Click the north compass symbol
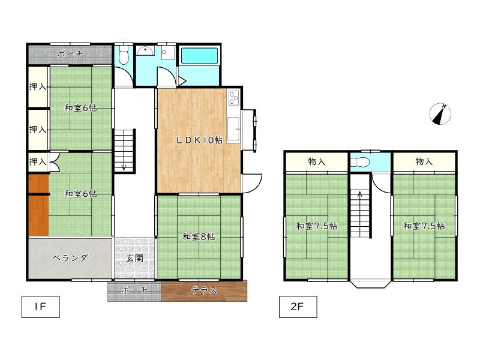coord(440,114)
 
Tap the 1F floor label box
coord(40,307)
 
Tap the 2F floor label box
coord(298,307)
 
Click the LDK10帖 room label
coord(199,140)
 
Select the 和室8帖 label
coord(199,236)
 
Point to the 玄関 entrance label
coord(134,258)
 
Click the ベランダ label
coord(70,258)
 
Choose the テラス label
coord(204,290)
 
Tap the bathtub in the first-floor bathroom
coord(199,55)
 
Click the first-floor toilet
coord(124,55)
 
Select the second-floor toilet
coord(360,162)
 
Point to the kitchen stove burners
coord(233,98)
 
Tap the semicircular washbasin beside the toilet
coord(145,51)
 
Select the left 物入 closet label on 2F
coord(317,161)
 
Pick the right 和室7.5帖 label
coord(424,226)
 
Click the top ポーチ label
coord(70,54)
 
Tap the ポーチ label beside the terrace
coord(134,290)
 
